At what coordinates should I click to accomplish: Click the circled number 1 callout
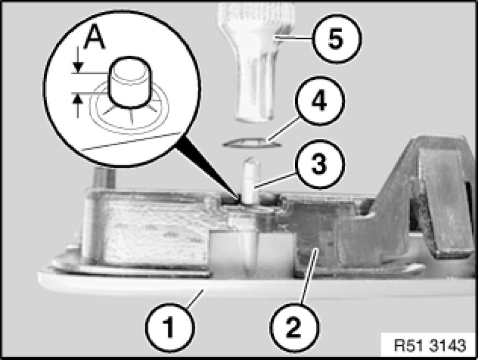[x=169, y=327]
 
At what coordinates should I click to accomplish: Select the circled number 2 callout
[x=294, y=327]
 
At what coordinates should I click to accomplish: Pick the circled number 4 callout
[x=320, y=101]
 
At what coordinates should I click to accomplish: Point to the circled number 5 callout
[x=337, y=39]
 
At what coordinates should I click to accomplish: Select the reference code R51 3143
[x=430, y=346]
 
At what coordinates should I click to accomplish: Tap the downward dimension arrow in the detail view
[x=79, y=59]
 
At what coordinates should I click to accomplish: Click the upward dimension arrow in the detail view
[x=79, y=105]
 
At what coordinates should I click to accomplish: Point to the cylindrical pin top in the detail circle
[x=130, y=82]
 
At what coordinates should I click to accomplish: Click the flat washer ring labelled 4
[x=252, y=143]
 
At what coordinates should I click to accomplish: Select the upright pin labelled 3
[x=252, y=180]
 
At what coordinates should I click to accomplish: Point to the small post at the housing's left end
[x=105, y=178]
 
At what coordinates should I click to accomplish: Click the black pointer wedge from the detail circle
[x=207, y=170]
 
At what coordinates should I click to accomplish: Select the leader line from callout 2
[x=309, y=276]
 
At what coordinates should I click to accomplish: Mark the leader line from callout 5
[x=293, y=38]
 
